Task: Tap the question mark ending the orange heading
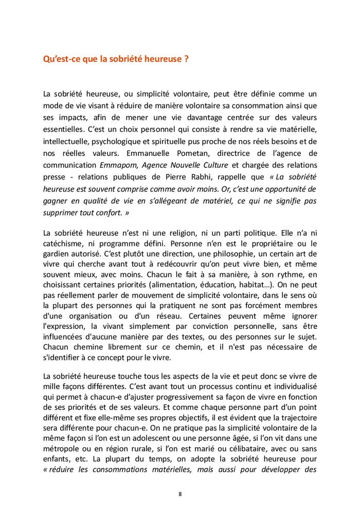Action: click(186, 59)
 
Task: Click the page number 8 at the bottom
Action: click(180, 494)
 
